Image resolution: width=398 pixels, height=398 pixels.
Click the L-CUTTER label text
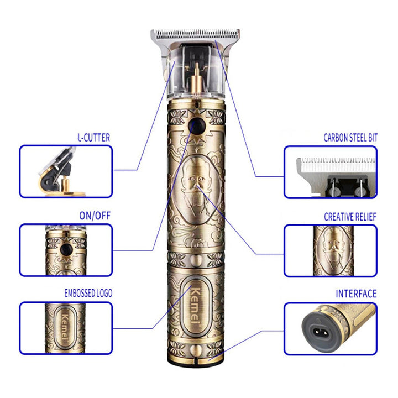(93, 138)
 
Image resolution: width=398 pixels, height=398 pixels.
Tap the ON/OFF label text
(95, 216)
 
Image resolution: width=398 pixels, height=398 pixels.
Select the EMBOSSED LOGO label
(88, 293)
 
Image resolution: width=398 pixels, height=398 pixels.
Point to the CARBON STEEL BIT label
(350, 137)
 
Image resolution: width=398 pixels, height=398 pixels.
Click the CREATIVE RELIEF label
(350, 217)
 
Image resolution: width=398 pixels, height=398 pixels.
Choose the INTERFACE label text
(356, 294)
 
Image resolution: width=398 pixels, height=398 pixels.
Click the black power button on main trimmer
(197, 126)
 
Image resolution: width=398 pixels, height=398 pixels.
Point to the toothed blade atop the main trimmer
(195, 35)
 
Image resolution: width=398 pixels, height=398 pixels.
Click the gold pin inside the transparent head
(196, 78)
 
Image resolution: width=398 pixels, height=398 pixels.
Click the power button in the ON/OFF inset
(66, 250)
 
